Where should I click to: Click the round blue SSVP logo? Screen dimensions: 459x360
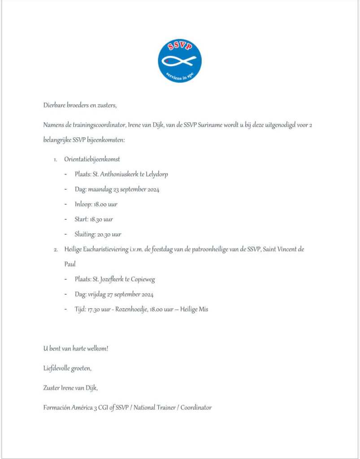click(x=180, y=61)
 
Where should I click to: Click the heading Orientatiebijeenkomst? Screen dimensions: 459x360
click(x=92, y=159)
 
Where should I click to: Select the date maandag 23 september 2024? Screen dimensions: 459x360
click(x=124, y=189)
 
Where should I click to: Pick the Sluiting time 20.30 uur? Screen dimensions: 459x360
click(x=109, y=234)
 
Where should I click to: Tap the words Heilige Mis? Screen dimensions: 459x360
click(x=194, y=309)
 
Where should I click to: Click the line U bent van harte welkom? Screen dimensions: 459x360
click(x=76, y=348)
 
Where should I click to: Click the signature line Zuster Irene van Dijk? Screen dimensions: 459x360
click(x=70, y=388)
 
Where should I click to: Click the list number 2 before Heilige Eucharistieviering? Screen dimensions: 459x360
click(x=55, y=249)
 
